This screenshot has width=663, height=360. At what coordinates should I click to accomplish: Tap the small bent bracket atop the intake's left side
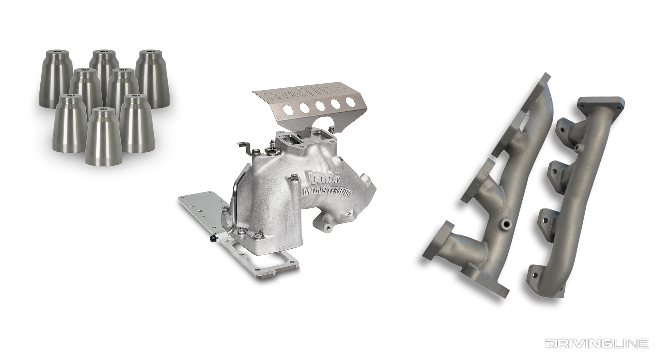pos(244,147)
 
